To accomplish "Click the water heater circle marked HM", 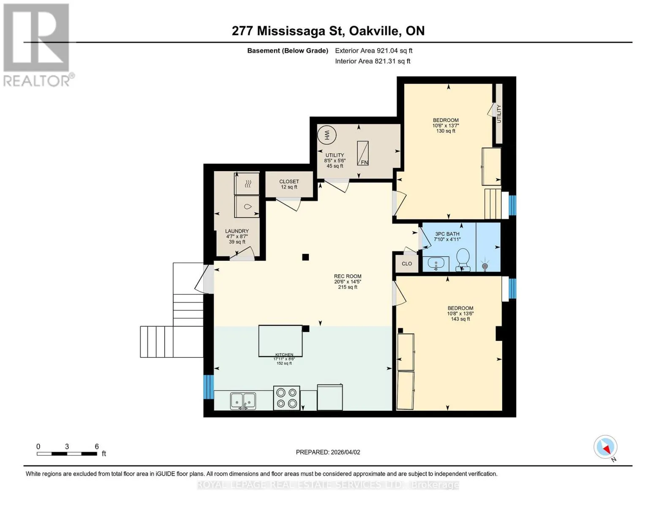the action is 327,135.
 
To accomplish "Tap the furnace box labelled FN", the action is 362,153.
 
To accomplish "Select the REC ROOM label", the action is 348,276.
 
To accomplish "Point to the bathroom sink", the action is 436,264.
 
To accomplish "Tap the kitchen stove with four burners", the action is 286,398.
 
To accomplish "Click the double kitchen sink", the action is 243,401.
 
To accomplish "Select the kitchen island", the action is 280,340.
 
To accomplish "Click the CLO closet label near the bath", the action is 407,264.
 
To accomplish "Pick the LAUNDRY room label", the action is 237,231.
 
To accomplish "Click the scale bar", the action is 67,453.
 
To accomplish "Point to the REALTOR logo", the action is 37,45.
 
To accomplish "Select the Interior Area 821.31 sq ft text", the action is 373,61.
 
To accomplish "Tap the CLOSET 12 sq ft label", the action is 289,184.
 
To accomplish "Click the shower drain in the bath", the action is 485,266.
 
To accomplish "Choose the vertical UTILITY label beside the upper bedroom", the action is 499,114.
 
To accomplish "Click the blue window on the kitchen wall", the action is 208,387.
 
